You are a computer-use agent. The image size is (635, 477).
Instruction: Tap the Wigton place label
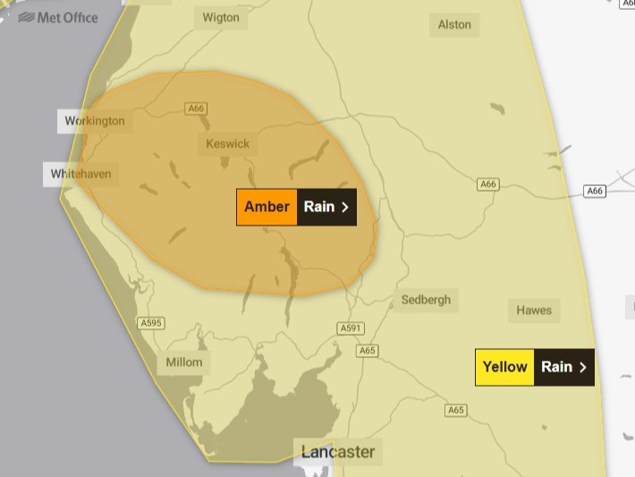coord(221,17)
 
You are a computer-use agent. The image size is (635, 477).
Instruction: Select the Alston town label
coord(454,24)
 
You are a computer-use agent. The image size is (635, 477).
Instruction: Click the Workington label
coord(95,121)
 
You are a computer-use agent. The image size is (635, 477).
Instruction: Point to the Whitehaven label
coord(81,174)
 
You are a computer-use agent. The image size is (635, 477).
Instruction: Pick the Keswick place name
coord(228,143)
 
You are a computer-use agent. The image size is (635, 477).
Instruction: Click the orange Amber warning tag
coord(267,207)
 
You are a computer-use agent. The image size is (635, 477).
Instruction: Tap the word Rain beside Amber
coord(318,207)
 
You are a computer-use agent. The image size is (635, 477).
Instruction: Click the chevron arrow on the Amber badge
coord(345,208)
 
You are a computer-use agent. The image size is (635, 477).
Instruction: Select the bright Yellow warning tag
coord(504,367)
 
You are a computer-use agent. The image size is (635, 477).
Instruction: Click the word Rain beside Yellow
coord(556,367)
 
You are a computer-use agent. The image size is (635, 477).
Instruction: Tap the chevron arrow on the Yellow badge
coord(583,367)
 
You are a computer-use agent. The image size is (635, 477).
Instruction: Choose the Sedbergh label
coord(426,300)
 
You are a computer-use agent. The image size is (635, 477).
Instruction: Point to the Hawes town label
coord(534,311)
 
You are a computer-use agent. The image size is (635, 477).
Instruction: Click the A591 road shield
coord(351,328)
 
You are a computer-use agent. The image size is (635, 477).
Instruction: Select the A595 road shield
coord(151,322)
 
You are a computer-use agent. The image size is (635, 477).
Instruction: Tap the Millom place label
coord(184,362)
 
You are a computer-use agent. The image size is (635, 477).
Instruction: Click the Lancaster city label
coord(337,451)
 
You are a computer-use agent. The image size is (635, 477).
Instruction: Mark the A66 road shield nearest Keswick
coord(196,108)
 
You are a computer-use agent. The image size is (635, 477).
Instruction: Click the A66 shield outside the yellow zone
coord(595,191)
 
